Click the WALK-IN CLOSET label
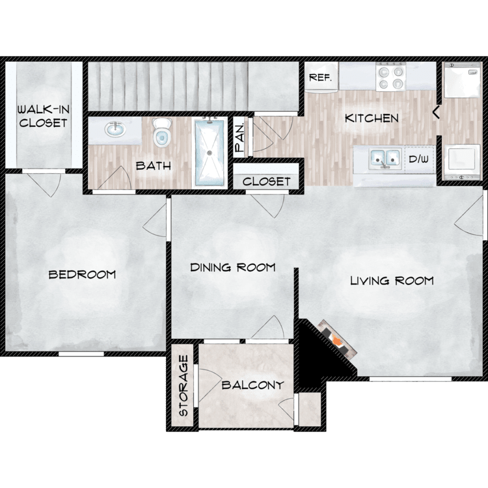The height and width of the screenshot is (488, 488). [x=43, y=116]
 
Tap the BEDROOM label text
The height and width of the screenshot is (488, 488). [x=82, y=274]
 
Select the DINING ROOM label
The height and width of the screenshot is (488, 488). [x=233, y=267]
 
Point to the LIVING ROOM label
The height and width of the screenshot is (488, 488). [x=392, y=280]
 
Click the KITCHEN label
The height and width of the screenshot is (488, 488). [x=372, y=118]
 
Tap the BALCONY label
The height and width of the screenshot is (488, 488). [x=252, y=385]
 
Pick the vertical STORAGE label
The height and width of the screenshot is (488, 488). [x=183, y=386]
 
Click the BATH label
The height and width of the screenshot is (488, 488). [x=154, y=165]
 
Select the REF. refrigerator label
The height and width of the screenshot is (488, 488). [x=320, y=77]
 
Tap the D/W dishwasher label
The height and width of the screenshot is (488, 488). [x=418, y=159]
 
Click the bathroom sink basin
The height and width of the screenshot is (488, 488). [x=115, y=129]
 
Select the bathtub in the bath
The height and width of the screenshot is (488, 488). [x=210, y=152]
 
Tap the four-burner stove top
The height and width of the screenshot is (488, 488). [x=390, y=77]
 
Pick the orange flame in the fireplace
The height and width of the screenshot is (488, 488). [x=336, y=340]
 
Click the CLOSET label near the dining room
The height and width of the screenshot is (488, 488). [x=266, y=182]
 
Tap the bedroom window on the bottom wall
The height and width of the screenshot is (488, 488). [x=81, y=354]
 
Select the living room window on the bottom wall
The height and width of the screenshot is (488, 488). [x=411, y=379]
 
